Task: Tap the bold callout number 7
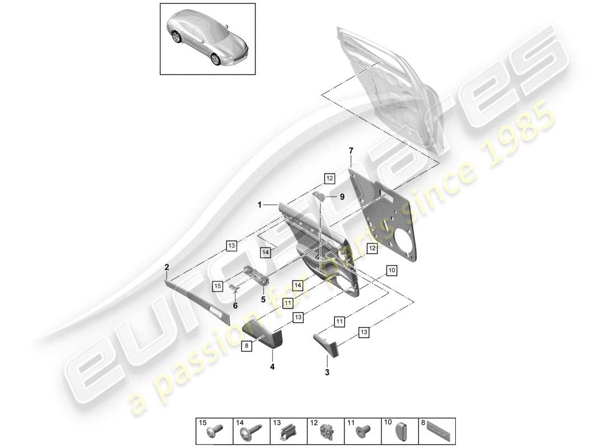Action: click(351, 151)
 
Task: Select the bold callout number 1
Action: click(260, 206)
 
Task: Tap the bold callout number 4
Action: click(273, 367)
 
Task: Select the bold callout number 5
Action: click(263, 300)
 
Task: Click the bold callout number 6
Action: click(235, 305)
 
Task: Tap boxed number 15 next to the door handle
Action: click(218, 286)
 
